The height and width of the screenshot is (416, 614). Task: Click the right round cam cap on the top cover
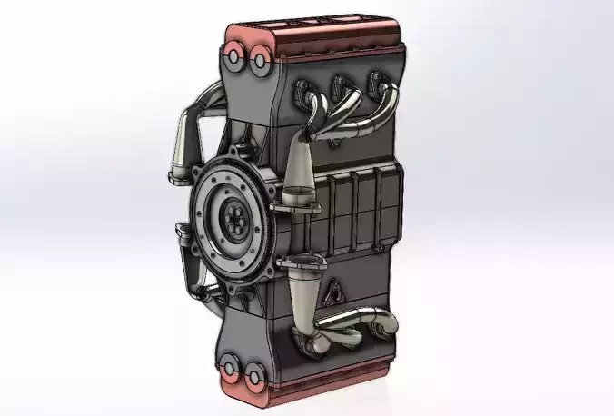[258, 62]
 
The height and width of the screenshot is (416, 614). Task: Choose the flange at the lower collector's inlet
[303, 263]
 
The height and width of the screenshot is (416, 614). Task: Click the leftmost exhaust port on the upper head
[302, 88]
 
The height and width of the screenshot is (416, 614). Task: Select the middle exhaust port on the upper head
[340, 87]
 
